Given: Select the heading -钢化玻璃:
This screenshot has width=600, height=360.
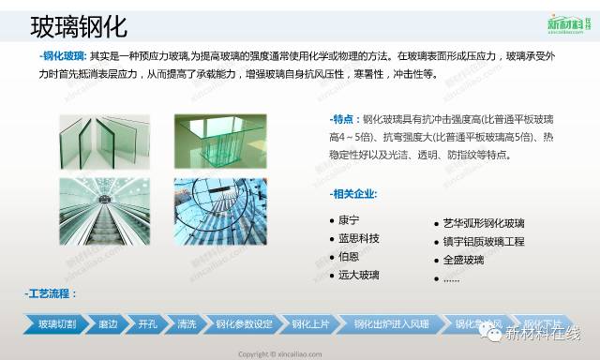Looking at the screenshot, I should [58, 56].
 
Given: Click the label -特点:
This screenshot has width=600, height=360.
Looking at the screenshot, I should [344, 120].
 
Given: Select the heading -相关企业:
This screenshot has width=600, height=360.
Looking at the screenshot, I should [353, 194].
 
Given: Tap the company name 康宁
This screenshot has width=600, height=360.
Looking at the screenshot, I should [349, 220].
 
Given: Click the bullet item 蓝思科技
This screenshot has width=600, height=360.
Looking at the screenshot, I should [359, 238].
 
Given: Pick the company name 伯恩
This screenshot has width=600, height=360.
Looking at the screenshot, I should [349, 256].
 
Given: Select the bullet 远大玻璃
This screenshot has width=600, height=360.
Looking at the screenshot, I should [359, 275].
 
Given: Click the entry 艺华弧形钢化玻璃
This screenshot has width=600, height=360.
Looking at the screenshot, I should [484, 223].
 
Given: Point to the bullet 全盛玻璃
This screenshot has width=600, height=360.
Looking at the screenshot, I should [463, 260].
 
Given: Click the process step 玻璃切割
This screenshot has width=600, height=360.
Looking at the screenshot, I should [54, 324].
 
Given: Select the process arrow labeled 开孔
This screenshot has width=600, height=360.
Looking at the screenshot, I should [148, 324].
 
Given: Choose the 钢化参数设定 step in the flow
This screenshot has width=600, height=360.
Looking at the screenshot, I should [244, 324].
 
